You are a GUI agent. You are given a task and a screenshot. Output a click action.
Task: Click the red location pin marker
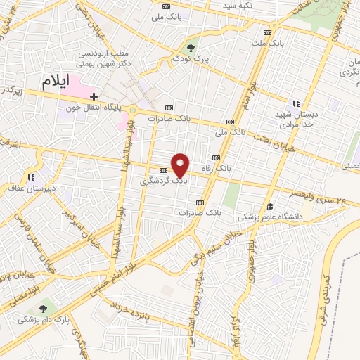[181, 165]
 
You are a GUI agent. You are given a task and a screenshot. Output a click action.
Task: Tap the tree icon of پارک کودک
[191, 48]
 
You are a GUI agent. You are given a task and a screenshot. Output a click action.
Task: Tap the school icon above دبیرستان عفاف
[30, 177]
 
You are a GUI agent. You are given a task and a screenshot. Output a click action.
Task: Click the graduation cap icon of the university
[270, 206]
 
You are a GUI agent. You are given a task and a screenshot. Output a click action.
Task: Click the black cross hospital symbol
[93, 96]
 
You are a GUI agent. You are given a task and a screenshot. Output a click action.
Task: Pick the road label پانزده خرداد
[132, 309]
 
